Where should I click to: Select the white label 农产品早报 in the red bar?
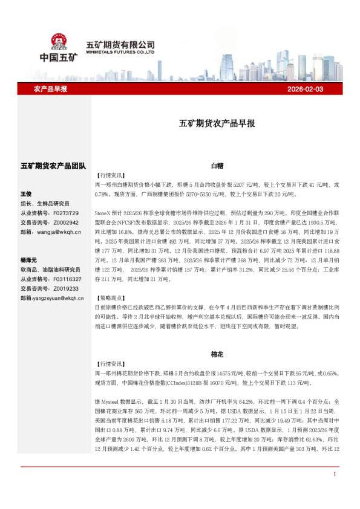[x=50, y=89]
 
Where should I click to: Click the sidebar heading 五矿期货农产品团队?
[x=53, y=165]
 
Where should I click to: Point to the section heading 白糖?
[x=217, y=165]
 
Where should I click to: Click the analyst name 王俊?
[x=26, y=194]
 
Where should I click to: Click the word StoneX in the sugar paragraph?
[x=103, y=214]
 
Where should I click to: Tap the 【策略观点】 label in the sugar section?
[x=111, y=298]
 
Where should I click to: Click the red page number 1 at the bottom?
[x=334, y=490]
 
